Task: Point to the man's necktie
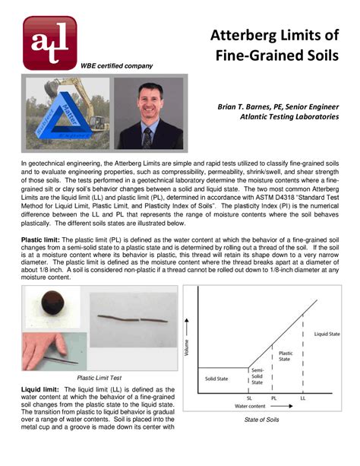click(x=147, y=136)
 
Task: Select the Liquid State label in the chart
click(x=327, y=334)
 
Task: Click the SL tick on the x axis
click(x=250, y=398)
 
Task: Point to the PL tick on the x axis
click(x=273, y=398)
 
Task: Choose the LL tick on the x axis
click(x=303, y=398)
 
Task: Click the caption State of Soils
click(x=262, y=420)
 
